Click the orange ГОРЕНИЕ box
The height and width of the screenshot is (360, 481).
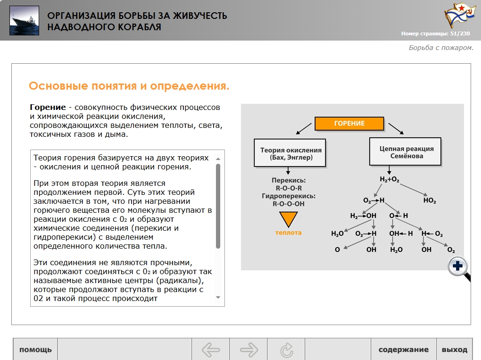click(349, 123)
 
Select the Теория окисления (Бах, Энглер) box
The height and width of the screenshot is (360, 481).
click(290, 153)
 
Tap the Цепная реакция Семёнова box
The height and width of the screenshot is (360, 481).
click(405, 151)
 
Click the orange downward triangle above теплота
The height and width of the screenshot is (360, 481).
click(288, 219)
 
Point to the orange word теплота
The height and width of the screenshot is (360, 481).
click(288, 233)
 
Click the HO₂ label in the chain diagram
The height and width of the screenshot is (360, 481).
click(430, 201)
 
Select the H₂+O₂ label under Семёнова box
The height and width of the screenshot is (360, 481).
click(389, 179)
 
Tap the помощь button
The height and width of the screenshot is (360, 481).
click(35, 349)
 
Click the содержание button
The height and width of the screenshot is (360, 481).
click(403, 349)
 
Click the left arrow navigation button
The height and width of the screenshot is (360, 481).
click(211, 349)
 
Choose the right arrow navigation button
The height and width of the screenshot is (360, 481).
click(249, 349)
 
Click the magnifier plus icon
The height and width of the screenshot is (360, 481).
click(458, 266)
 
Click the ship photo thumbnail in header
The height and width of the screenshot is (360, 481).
click(24, 21)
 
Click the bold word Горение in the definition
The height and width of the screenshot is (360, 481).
click(48, 108)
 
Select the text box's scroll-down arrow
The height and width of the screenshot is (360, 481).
click(218, 297)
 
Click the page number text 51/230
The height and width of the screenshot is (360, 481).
click(460, 33)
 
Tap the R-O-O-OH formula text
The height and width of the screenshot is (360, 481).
click(288, 204)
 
